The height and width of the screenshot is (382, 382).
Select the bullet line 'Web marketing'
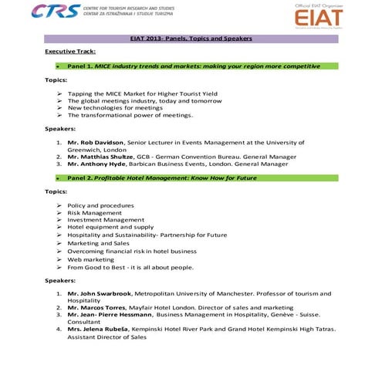(x=90, y=259)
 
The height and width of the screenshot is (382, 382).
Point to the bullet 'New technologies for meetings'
(x=115, y=108)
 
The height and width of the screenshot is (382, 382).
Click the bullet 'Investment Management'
(x=106, y=220)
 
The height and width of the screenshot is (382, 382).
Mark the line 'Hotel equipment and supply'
(x=110, y=228)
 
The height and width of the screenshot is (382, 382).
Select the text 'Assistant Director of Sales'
(x=106, y=337)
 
